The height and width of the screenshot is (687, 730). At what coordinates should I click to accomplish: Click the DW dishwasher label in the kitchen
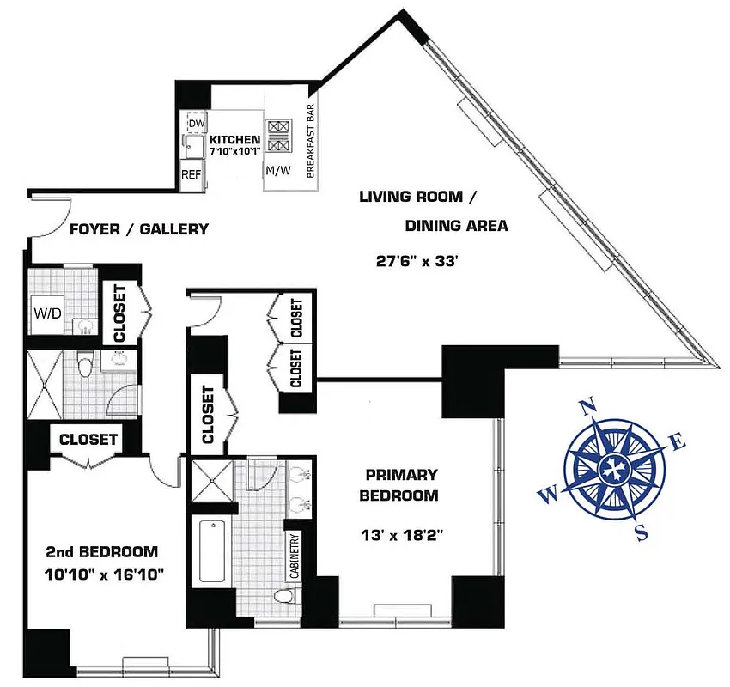[x=196, y=125]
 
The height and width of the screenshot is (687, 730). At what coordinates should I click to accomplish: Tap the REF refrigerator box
[x=191, y=174]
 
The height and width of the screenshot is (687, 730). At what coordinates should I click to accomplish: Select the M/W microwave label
[x=277, y=170]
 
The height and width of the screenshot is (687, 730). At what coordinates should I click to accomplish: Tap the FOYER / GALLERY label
[x=139, y=229]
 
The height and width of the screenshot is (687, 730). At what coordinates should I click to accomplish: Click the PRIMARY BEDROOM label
[x=401, y=485]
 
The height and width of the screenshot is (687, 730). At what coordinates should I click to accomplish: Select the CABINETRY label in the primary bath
[x=294, y=557]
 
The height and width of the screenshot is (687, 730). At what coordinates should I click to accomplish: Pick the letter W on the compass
[x=547, y=493]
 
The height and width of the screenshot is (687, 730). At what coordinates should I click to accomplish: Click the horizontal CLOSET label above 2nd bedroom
[x=88, y=439]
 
